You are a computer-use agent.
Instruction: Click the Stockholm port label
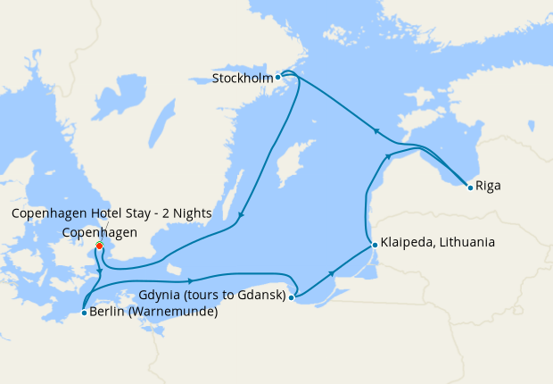[x=242, y=78]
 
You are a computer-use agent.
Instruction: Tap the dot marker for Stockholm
[x=278, y=77]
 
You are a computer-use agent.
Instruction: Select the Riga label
[x=488, y=187]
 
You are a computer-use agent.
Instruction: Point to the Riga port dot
[x=470, y=187]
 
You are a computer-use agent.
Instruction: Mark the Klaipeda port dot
[x=375, y=243]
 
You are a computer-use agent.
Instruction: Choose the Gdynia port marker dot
[x=292, y=297]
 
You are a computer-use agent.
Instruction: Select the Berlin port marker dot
[x=83, y=313]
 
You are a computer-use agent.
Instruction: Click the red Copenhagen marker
[x=99, y=246]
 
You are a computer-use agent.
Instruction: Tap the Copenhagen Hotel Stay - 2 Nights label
[x=111, y=213]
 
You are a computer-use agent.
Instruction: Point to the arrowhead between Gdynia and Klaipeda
[x=332, y=273]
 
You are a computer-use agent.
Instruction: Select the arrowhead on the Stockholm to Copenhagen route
[x=241, y=214]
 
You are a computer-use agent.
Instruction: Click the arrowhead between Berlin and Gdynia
[x=190, y=280]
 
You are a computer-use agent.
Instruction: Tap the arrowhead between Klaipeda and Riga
[x=388, y=156]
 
